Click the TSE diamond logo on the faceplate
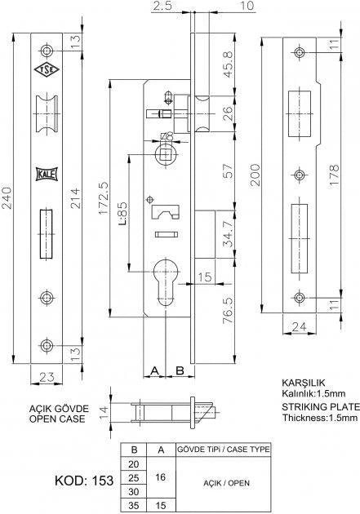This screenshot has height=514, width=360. pyautogui.click(x=47, y=69)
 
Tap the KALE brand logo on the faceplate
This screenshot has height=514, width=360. pyautogui.click(x=47, y=174)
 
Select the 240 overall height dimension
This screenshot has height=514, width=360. pyautogui.click(x=7, y=197)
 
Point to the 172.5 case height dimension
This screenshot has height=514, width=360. pyautogui.click(x=104, y=198)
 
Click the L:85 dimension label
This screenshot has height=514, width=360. pyautogui.click(x=122, y=214)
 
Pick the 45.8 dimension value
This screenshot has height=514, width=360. pyautogui.click(x=229, y=64)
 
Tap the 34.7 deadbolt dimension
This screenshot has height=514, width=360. pyautogui.click(x=229, y=234)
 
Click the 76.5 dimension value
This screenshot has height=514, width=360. pyautogui.click(x=229, y=310)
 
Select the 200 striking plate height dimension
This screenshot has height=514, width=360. pyautogui.click(x=256, y=175)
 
